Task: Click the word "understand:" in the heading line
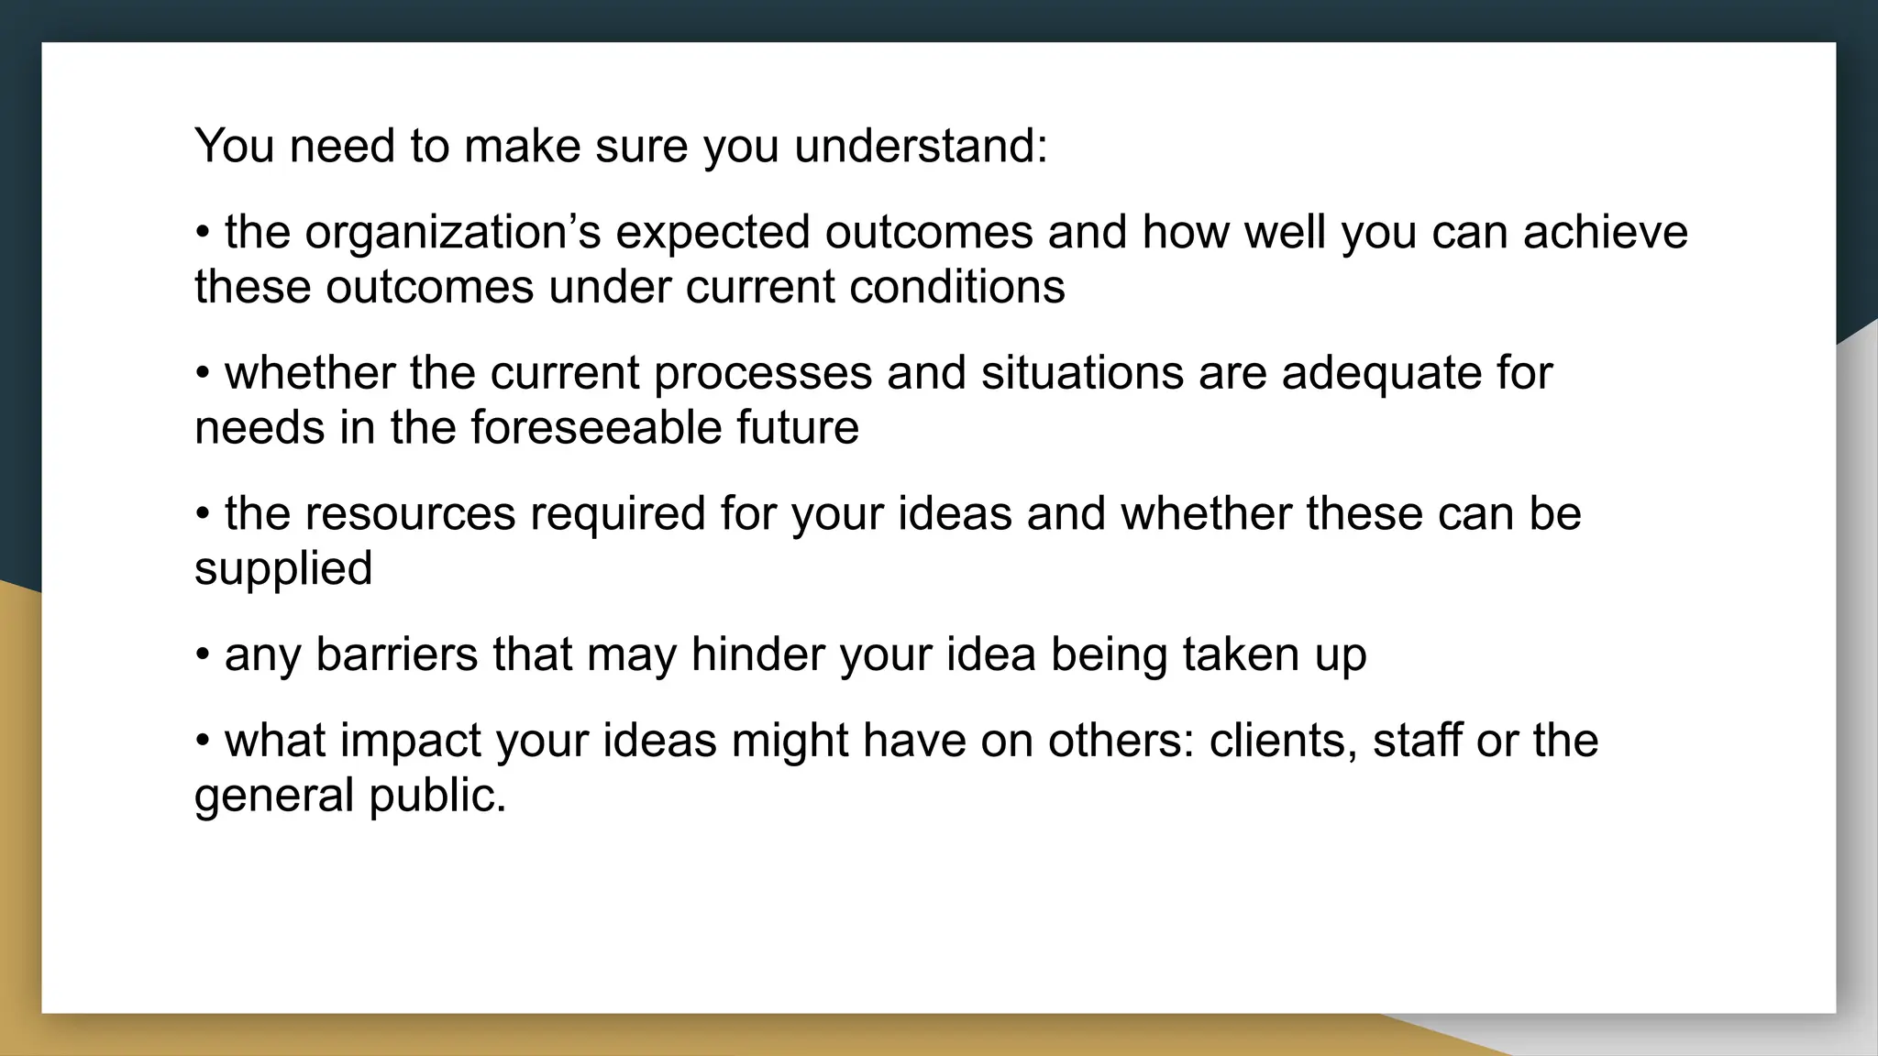(x=921, y=146)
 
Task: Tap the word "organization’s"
(x=453, y=232)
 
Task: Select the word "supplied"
(x=283, y=569)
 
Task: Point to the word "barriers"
(x=396, y=654)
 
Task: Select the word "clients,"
(x=1283, y=741)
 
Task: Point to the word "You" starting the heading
(x=234, y=146)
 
